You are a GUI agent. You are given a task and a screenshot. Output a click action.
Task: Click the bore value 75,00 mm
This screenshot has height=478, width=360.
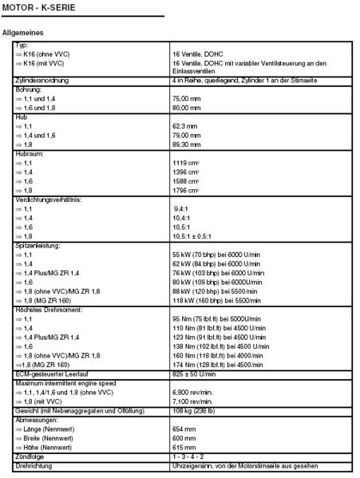[187, 97]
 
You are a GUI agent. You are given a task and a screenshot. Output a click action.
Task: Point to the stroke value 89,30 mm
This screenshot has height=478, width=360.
[187, 144]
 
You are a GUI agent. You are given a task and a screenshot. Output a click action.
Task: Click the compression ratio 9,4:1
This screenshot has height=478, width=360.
[183, 208]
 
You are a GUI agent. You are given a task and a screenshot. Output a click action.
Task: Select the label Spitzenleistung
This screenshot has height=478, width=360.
[40, 244]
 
